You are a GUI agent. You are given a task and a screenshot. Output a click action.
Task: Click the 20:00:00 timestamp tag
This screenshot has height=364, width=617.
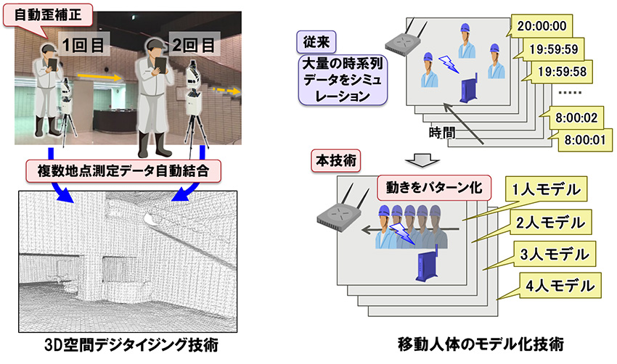540,28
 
